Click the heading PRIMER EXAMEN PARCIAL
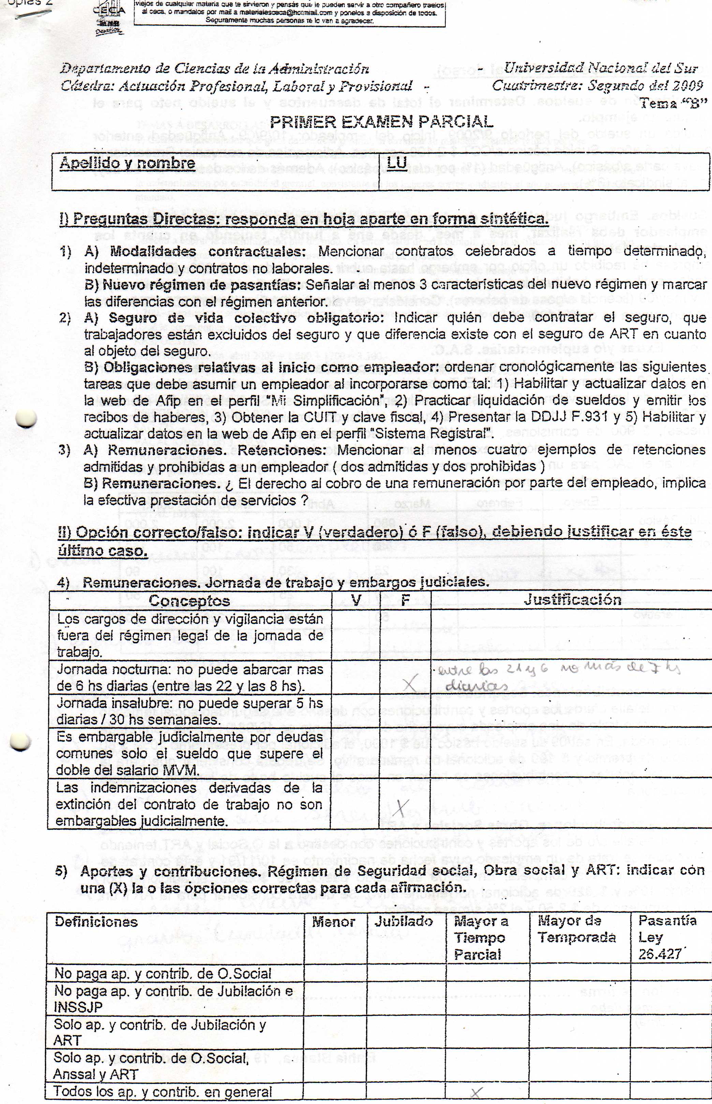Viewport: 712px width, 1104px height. [382, 122]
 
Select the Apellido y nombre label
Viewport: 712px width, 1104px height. [127, 164]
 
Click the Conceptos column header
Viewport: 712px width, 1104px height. [189, 600]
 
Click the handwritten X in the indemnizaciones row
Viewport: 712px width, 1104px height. [402, 808]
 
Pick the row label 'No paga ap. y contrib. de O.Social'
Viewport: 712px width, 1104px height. [163, 974]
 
